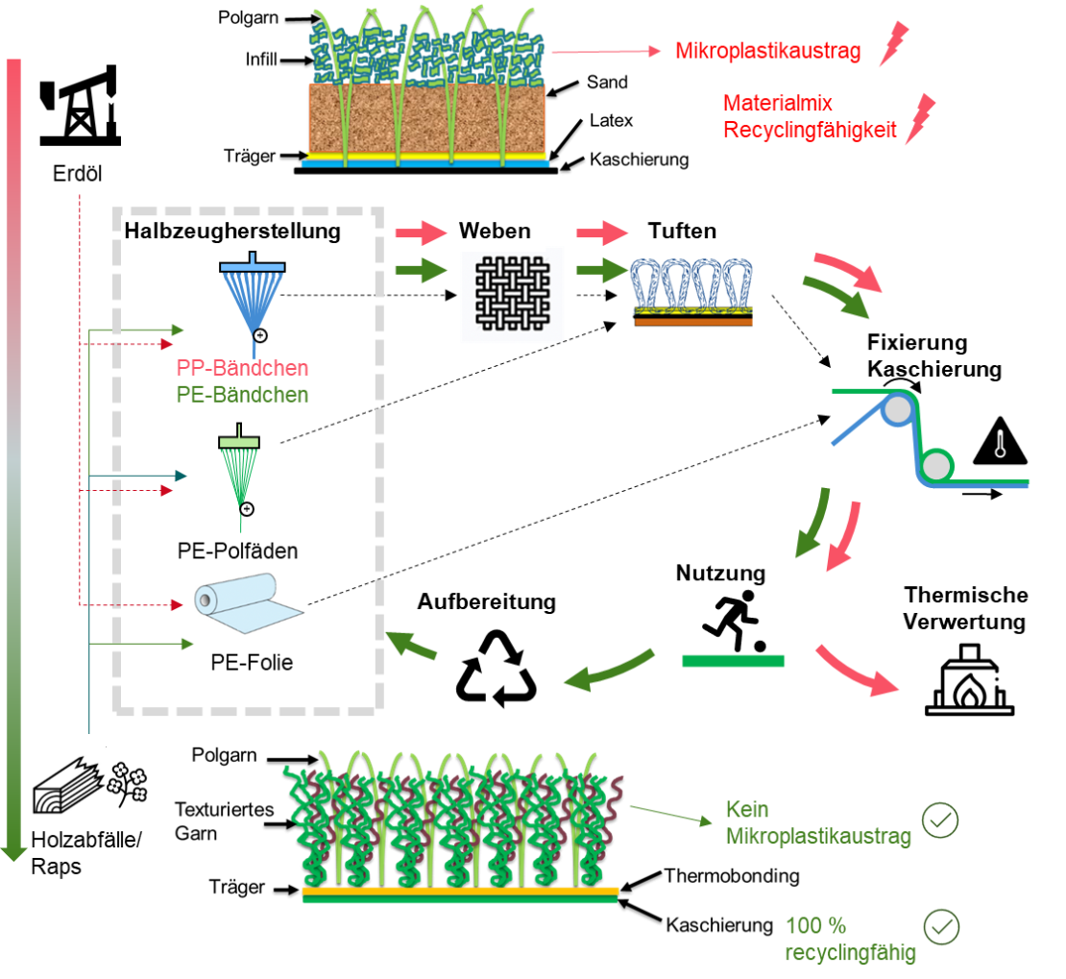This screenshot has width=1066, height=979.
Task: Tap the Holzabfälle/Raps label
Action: [x=87, y=853]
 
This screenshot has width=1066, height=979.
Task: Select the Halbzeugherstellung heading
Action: [x=232, y=232]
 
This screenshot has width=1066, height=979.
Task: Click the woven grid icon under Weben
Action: [x=517, y=296]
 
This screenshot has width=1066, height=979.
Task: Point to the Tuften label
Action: [x=681, y=232]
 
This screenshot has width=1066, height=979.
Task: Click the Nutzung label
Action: [x=720, y=574]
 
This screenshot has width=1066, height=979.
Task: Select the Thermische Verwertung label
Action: [x=966, y=608]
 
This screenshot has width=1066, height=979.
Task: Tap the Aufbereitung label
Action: [x=486, y=602]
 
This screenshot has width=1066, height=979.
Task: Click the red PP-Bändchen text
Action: [x=242, y=368]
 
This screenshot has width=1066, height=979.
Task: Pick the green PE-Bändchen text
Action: [x=242, y=395]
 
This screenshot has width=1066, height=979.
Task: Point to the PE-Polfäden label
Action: [x=237, y=551]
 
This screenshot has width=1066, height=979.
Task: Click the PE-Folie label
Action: [x=252, y=662]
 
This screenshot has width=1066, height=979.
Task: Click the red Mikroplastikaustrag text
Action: [x=767, y=52]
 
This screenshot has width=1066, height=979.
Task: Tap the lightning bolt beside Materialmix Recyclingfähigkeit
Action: [x=922, y=117]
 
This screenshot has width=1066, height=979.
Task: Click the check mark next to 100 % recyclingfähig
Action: [x=941, y=928]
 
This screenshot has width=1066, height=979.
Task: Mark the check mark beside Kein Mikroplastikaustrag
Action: [x=940, y=820]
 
